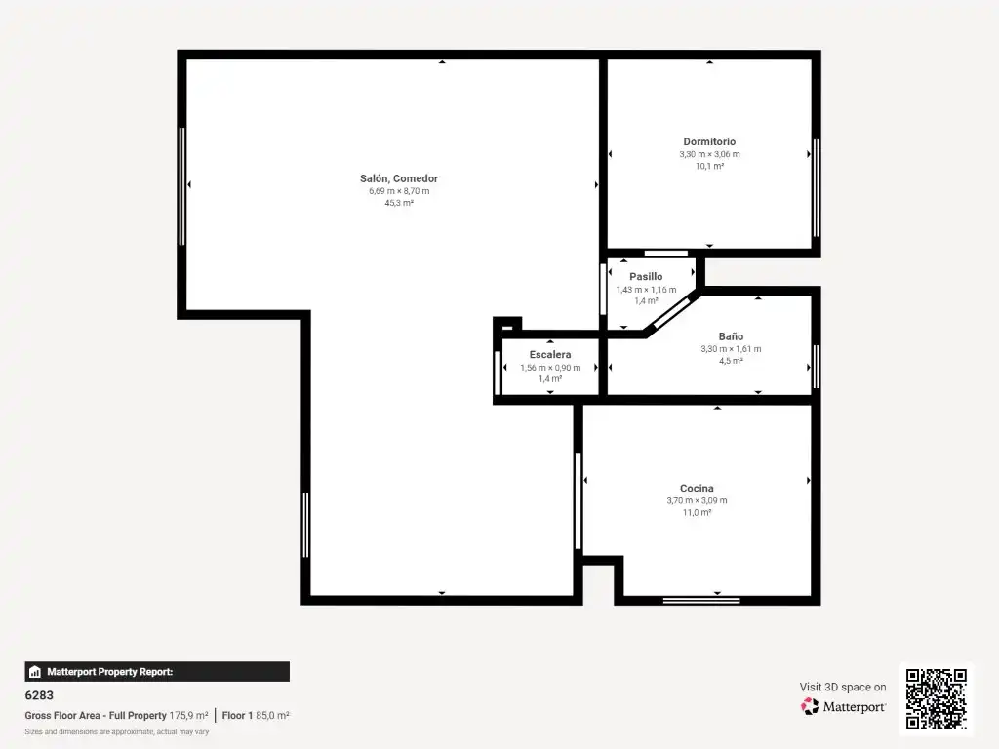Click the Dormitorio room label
(709, 141)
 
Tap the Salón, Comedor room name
(399, 178)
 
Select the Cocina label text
(697, 488)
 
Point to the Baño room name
(731, 335)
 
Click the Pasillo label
(646, 276)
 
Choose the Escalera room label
(550, 354)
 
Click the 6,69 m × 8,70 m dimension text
(399, 191)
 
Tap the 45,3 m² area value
(399, 203)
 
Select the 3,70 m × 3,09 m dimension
(697, 500)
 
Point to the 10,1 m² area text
(710, 166)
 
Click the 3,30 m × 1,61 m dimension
(731, 349)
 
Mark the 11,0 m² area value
(697, 513)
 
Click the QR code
(936, 698)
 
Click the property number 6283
(39, 695)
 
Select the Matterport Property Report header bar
(157, 671)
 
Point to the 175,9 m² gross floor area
(188, 715)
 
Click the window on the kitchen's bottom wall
(700, 600)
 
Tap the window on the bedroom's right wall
(817, 188)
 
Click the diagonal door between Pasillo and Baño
(673, 313)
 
